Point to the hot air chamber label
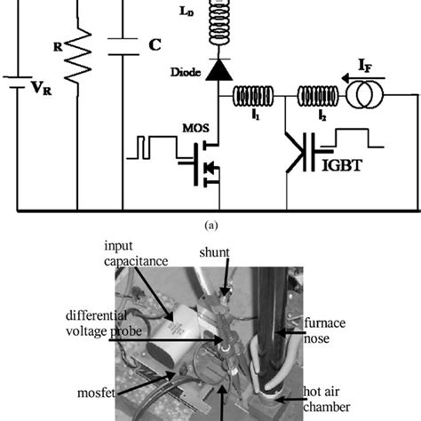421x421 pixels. coord(350,386)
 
